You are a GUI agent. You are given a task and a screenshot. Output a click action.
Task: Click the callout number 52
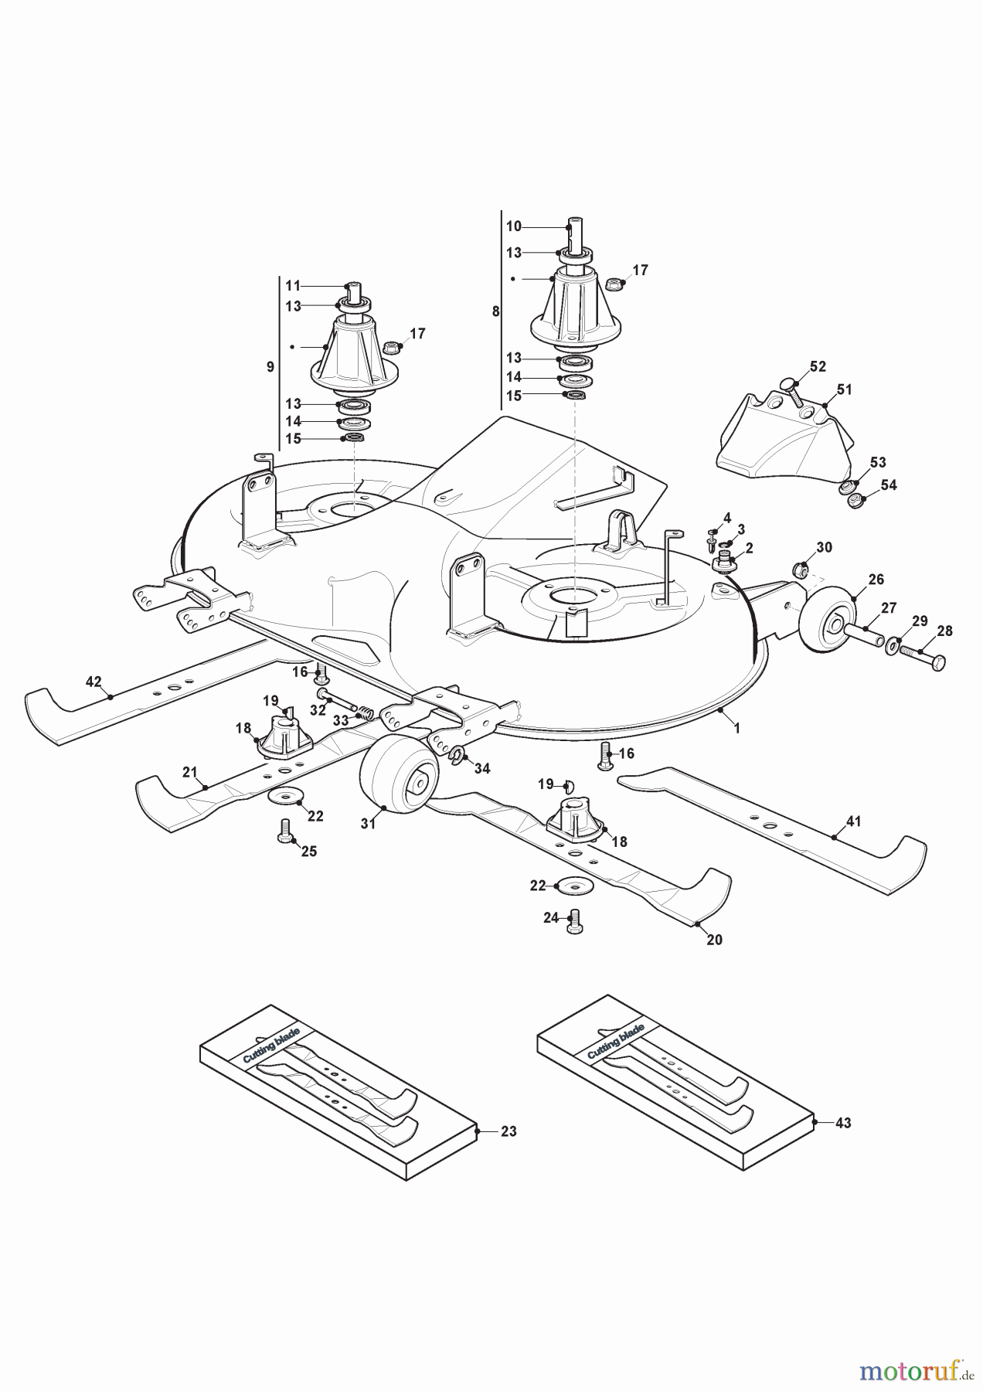(x=818, y=366)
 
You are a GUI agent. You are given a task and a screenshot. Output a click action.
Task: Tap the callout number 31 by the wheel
(x=368, y=824)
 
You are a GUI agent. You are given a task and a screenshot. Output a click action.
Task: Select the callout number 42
(x=94, y=682)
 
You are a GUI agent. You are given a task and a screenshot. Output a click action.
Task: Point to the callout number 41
(x=853, y=821)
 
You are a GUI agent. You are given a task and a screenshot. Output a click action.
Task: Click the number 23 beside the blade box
(x=508, y=1131)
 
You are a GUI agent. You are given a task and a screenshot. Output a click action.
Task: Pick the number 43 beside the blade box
(x=842, y=1123)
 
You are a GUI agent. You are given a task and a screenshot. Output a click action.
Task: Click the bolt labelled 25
(x=284, y=833)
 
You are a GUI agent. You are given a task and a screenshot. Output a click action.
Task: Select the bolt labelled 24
(x=573, y=921)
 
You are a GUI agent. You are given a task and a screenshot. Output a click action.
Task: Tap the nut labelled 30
(x=801, y=572)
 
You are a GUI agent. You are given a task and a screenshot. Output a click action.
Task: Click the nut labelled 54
(x=855, y=502)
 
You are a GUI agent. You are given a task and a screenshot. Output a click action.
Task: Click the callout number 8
(x=495, y=311)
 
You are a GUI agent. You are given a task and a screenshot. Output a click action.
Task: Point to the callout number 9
(x=270, y=367)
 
